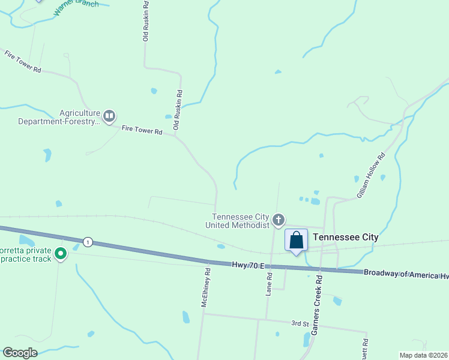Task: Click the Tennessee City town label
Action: tap(346, 237)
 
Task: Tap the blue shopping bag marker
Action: tap(296, 241)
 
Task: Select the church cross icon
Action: tap(278, 220)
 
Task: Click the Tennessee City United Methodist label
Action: tap(240, 221)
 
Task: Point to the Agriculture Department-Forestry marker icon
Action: tap(109, 116)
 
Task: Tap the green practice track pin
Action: tap(60, 254)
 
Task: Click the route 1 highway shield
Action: tap(88, 242)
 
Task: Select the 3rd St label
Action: tap(300, 323)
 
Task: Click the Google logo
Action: tap(20, 353)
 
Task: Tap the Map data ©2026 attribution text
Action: tap(423, 355)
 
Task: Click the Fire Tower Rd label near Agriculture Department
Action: tap(142, 130)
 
